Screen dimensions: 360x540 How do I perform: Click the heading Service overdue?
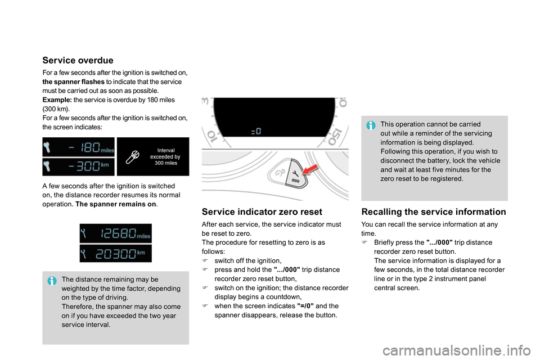click(x=78, y=60)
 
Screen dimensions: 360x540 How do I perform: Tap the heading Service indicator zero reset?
click(x=262, y=212)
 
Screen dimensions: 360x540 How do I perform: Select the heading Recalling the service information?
click(x=433, y=212)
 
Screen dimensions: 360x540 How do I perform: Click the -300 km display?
click(x=78, y=167)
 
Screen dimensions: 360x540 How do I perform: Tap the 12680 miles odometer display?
click(x=115, y=233)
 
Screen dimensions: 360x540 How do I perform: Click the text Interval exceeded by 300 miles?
click(x=165, y=156)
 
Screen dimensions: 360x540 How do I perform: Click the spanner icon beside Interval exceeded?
click(x=134, y=156)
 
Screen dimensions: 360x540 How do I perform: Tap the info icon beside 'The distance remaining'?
click(x=52, y=280)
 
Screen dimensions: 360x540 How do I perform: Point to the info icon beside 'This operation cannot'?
click(x=371, y=125)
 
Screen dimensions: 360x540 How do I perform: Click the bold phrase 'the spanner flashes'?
click(x=73, y=82)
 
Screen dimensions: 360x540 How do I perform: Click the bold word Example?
click(x=57, y=100)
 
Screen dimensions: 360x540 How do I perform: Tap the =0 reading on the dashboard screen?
click(x=255, y=131)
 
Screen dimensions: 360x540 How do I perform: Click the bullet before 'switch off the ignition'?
click(x=206, y=261)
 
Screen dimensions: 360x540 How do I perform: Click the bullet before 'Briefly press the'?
click(x=365, y=242)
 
